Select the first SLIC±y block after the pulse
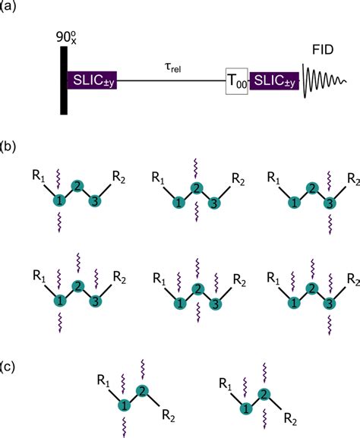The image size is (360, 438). click(95, 80)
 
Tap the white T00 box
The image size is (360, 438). click(237, 80)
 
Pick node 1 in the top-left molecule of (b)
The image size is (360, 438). click(58, 200)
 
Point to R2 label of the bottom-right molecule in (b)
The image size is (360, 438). click(352, 275)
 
